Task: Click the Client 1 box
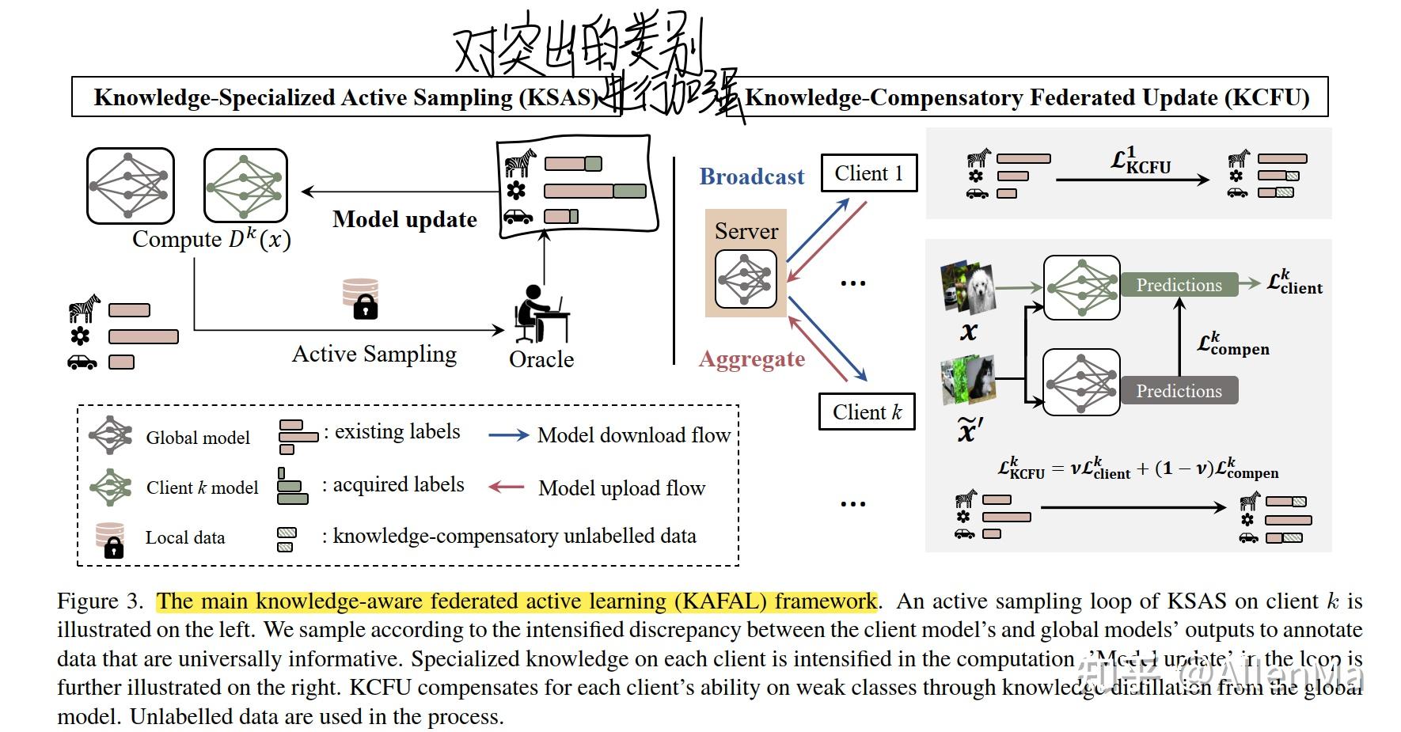coord(868,173)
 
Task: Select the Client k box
coord(867,412)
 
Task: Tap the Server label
coord(746,231)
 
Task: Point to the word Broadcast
coord(751,176)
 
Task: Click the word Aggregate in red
coord(751,359)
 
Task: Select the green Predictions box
coord(1179,285)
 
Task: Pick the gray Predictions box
coord(1179,391)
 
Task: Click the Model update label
coord(404,219)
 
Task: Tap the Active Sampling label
coord(374,354)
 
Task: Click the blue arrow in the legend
coord(508,435)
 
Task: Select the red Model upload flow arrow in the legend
coord(507,487)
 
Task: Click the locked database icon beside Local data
coord(110,539)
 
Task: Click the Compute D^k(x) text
coord(211,239)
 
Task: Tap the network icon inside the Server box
coord(745,279)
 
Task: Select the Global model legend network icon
coord(110,435)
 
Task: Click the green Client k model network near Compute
coord(245,186)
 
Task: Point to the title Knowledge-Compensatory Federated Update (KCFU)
coord(1027,97)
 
